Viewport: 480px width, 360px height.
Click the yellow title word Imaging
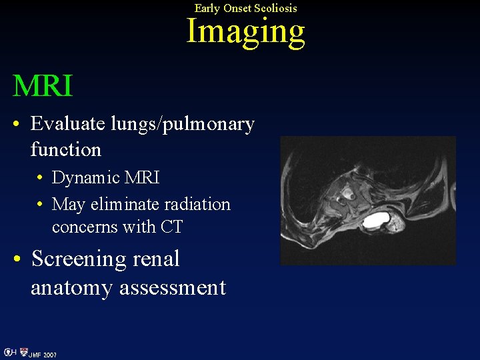(245, 31)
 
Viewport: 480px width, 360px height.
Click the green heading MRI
(43, 85)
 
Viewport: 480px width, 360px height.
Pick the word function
(65, 149)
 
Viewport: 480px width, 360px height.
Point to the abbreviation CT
(171, 227)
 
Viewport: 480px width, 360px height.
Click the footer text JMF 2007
(42, 355)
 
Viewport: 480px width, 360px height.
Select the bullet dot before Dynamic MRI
(41, 179)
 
